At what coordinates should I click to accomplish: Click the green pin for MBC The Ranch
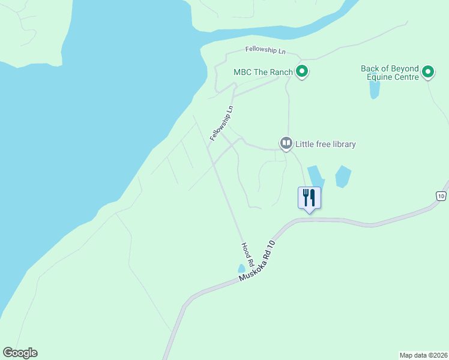pos(303,73)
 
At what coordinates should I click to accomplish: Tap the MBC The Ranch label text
pos(263,73)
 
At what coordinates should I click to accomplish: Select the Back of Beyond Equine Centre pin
pos(428,73)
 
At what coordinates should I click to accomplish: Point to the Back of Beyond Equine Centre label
pos(390,73)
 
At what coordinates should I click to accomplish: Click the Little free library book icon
pos(286,143)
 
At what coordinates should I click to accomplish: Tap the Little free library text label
pos(325,144)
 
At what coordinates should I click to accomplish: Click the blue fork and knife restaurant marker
pos(310,198)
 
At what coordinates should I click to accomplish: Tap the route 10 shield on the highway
pos(441,196)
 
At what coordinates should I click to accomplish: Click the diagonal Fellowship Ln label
pos(221,124)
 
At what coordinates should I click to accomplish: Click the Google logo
pos(20,353)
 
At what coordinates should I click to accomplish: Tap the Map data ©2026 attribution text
pos(423,355)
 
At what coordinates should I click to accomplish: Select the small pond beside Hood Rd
pos(241,268)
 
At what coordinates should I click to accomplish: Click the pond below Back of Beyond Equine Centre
pos(375,89)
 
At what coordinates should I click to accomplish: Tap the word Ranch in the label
pos(280,73)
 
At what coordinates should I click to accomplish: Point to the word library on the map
pos(343,144)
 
